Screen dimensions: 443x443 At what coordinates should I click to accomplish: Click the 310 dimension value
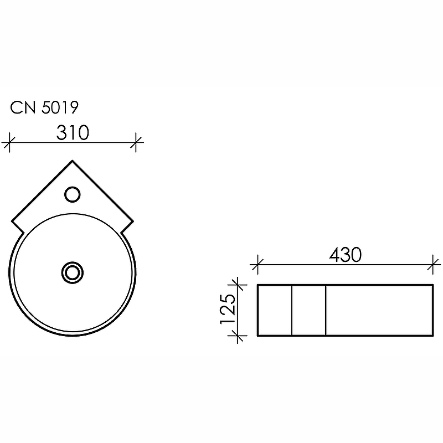(73, 133)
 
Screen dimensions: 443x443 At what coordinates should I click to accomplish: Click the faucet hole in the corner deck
(73, 194)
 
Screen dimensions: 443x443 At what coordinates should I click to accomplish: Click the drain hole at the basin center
(73, 272)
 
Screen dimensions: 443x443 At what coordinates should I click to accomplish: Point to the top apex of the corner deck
(73, 161)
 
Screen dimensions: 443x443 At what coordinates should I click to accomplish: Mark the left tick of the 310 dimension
(9, 142)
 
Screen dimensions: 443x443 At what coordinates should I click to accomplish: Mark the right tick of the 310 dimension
(136, 142)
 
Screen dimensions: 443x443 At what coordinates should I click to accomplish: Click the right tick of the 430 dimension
(431, 264)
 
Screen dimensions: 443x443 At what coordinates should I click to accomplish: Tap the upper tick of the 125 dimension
(239, 285)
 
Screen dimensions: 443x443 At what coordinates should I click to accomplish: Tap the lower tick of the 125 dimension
(239, 336)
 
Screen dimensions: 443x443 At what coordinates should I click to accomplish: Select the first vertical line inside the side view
(292, 310)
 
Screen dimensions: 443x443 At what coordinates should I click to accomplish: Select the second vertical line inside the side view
(326, 310)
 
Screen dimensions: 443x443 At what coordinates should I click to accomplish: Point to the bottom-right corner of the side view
(431, 336)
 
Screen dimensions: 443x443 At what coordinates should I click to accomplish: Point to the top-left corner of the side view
(259, 285)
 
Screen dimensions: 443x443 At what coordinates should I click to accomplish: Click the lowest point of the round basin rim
(73, 336)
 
